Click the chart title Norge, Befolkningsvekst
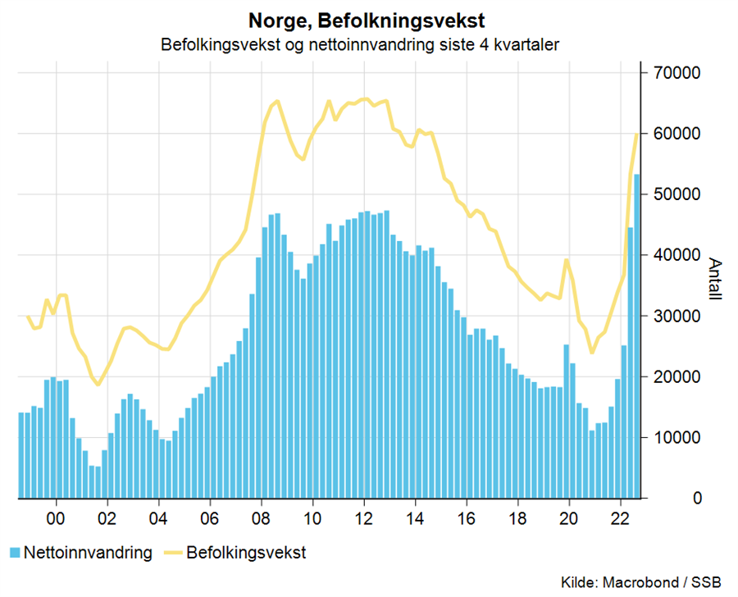pyautogui.click(x=360, y=18)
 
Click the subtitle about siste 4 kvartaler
pyautogui.click(x=360, y=44)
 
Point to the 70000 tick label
pyautogui.click(x=679, y=73)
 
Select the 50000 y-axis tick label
pyautogui.click(x=679, y=194)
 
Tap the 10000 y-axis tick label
pyautogui.click(x=679, y=438)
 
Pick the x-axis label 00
pyautogui.click(x=56, y=518)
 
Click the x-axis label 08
pyautogui.click(x=262, y=518)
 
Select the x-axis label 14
pyautogui.click(x=416, y=518)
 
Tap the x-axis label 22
pyautogui.click(x=621, y=518)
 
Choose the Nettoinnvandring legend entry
pyautogui.click(x=89, y=553)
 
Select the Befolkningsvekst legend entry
pyautogui.click(x=246, y=553)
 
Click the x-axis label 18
pyautogui.click(x=518, y=518)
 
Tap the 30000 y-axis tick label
pyautogui.click(x=679, y=317)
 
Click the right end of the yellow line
pyautogui.click(x=637, y=134)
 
